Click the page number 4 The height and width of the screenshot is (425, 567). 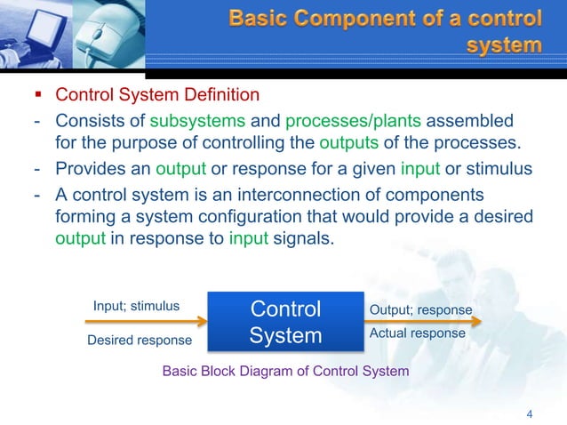[530, 413]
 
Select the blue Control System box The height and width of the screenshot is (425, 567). [285, 322]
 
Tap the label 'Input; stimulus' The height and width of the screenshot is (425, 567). [136, 306]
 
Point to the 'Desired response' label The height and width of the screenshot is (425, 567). [139, 340]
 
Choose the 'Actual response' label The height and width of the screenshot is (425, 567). [417, 333]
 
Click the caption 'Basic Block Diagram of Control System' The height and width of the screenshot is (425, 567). [285, 371]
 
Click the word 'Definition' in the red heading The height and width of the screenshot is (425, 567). [217, 95]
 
